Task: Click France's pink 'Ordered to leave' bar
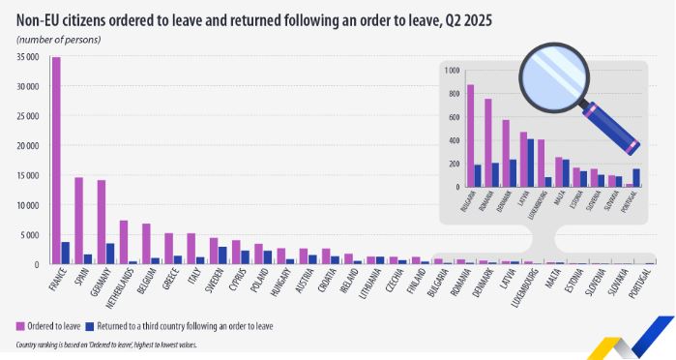click(56, 160)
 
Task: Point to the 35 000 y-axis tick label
click(27, 57)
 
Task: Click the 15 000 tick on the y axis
click(27, 176)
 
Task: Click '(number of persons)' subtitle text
click(59, 39)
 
